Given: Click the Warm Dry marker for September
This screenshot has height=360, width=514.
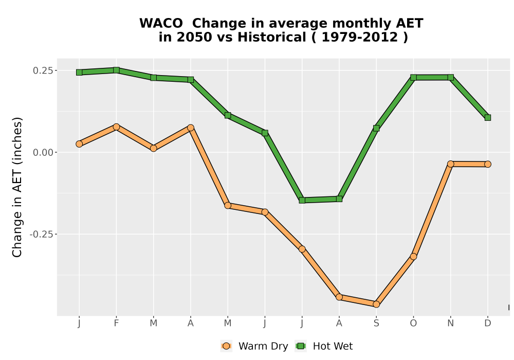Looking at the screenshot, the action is [x=376, y=304].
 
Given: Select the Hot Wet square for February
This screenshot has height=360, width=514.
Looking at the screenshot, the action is [x=116, y=70].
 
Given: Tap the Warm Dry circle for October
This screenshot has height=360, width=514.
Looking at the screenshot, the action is [x=413, y=257].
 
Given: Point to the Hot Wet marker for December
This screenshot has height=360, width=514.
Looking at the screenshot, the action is [x=488, y=117].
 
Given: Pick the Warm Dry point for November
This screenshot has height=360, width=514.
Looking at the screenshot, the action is [x=451, y=164].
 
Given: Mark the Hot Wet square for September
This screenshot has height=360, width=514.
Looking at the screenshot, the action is [x=376, y=128].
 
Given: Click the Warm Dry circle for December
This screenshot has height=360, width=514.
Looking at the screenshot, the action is [x=488, y=164].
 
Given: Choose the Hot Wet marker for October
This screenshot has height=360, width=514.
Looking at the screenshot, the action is [x=413, y=77].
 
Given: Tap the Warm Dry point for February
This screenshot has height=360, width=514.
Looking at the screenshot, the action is [x=116, y=127].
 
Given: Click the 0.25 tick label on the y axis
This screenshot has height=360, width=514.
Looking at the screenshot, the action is [x=43, y=70].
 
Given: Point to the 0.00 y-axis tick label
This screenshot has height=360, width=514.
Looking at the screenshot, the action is [x=43, y=152].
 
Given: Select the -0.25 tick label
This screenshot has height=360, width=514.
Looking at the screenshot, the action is [x=41, y=235].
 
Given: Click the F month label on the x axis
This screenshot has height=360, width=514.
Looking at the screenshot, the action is [x=116, y=323].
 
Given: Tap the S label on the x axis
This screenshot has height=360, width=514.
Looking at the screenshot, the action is [x=376, y=323].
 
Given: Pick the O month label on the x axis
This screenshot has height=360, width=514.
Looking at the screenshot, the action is [x=413, y=323].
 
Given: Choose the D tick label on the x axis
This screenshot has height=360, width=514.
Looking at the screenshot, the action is [x=488, y=323].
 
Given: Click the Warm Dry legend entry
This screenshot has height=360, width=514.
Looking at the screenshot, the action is [x=254, y=346].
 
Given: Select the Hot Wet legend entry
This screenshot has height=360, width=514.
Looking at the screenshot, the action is [x=324, y=346].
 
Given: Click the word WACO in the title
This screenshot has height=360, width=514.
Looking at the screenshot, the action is [x=161, y=23].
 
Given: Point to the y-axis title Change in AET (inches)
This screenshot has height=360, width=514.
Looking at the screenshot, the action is [x=17, y=187].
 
